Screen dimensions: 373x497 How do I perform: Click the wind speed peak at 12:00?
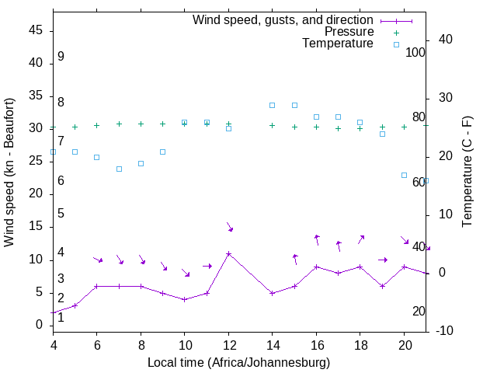click(x=228, y=253)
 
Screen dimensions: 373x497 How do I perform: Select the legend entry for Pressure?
click(x=349, y=32)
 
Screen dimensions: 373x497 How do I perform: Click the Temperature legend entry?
click(x=338, y=44)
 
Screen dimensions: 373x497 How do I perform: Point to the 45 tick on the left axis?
click(x=36, y=30)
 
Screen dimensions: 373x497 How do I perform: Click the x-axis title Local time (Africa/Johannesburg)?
click(x=238, y=362)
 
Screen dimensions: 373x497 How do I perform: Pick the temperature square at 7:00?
click(x=119, y=169)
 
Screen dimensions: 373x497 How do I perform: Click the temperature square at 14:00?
click(x=272, y=105)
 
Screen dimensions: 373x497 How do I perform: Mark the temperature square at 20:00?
click(x=404, y=175)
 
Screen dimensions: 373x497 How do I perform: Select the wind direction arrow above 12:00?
click(x=229, y=227)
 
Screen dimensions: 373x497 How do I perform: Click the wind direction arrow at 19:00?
click(x=382, y=260)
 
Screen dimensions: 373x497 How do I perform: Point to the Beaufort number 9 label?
click(x=61, y=57)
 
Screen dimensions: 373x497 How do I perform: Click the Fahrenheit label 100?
click(x=415, y=53)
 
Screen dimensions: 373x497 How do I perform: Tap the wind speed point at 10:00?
click(x=184, y=299)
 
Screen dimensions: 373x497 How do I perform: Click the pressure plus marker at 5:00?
click(x=75, y=127)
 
